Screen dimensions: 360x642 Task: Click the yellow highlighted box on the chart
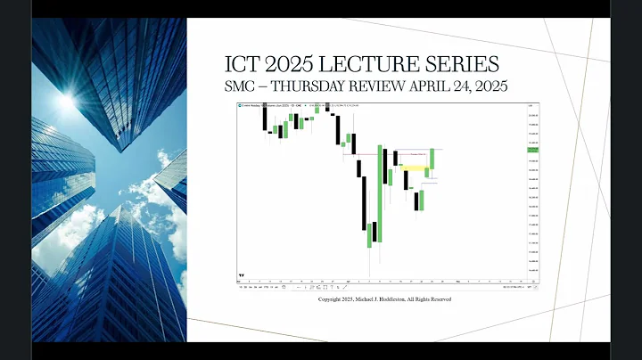[413, 167]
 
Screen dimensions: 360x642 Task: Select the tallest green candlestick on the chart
[381, 192]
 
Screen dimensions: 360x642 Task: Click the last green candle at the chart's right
[432, 159]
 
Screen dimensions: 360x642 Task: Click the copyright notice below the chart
[384, 299]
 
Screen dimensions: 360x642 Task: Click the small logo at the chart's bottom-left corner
[241, 274]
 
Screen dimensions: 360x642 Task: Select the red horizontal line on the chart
[374, 155]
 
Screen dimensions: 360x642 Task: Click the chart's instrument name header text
[267, 106]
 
